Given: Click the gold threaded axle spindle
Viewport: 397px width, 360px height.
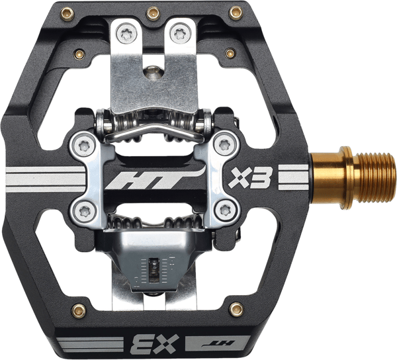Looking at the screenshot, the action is pyautogui.click(x=353, y=178).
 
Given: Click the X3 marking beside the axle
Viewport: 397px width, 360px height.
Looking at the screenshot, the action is pyautogui.click(x=250, y=178).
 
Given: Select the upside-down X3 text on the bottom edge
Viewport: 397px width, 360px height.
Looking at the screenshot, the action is pyautogui.click(x=155, y=344).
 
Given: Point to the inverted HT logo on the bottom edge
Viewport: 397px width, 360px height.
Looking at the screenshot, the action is pyautogui.click(x=218, y=343).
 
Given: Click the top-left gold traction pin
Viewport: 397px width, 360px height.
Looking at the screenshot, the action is pyautogui.click(x=67, y=14).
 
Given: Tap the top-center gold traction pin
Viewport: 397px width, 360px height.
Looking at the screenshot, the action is pyautogui.click(x=154, y=13).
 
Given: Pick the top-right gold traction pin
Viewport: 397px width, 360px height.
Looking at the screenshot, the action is pyautogui.click(x=236, y=13).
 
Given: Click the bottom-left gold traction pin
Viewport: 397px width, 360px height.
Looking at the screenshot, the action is pyautogui.click(x=79, y=310).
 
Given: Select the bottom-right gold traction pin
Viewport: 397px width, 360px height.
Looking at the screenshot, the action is pyautogui.click(x=236, y=309).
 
